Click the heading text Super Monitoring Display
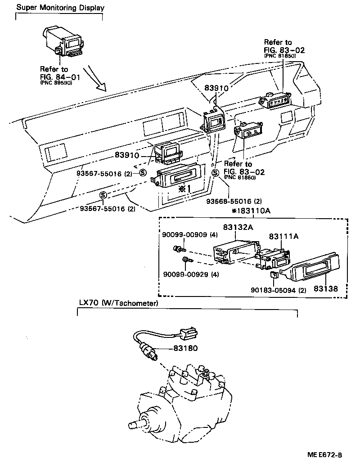[x=60, y=8]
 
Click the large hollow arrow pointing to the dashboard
[x=97, y=78]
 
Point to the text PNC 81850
[x=279, y=55]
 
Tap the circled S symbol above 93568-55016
[x=215, y=173]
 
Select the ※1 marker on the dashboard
[x=183, y=188]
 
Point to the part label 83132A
[x=238, y=227]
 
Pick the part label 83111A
[x=284, y=236]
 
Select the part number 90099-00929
[x=184, y=274]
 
